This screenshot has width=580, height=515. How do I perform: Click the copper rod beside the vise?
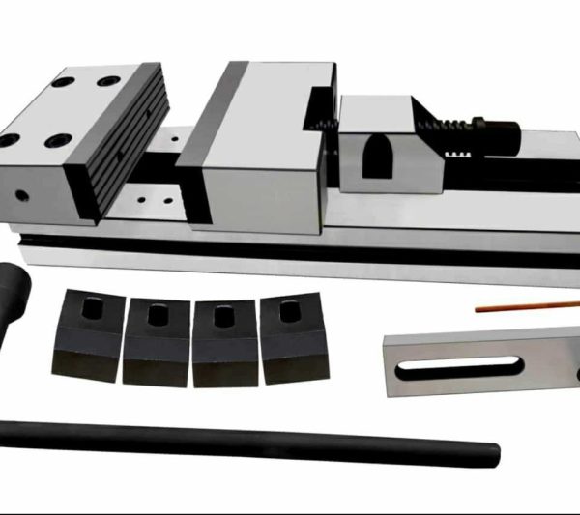click(x=527, y=306)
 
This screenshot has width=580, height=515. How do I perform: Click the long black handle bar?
click(x=242, y=439)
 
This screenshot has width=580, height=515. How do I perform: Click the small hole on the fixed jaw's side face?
click(x=20, y=194)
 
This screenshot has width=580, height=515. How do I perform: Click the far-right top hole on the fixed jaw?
click(x=109, y=81)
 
